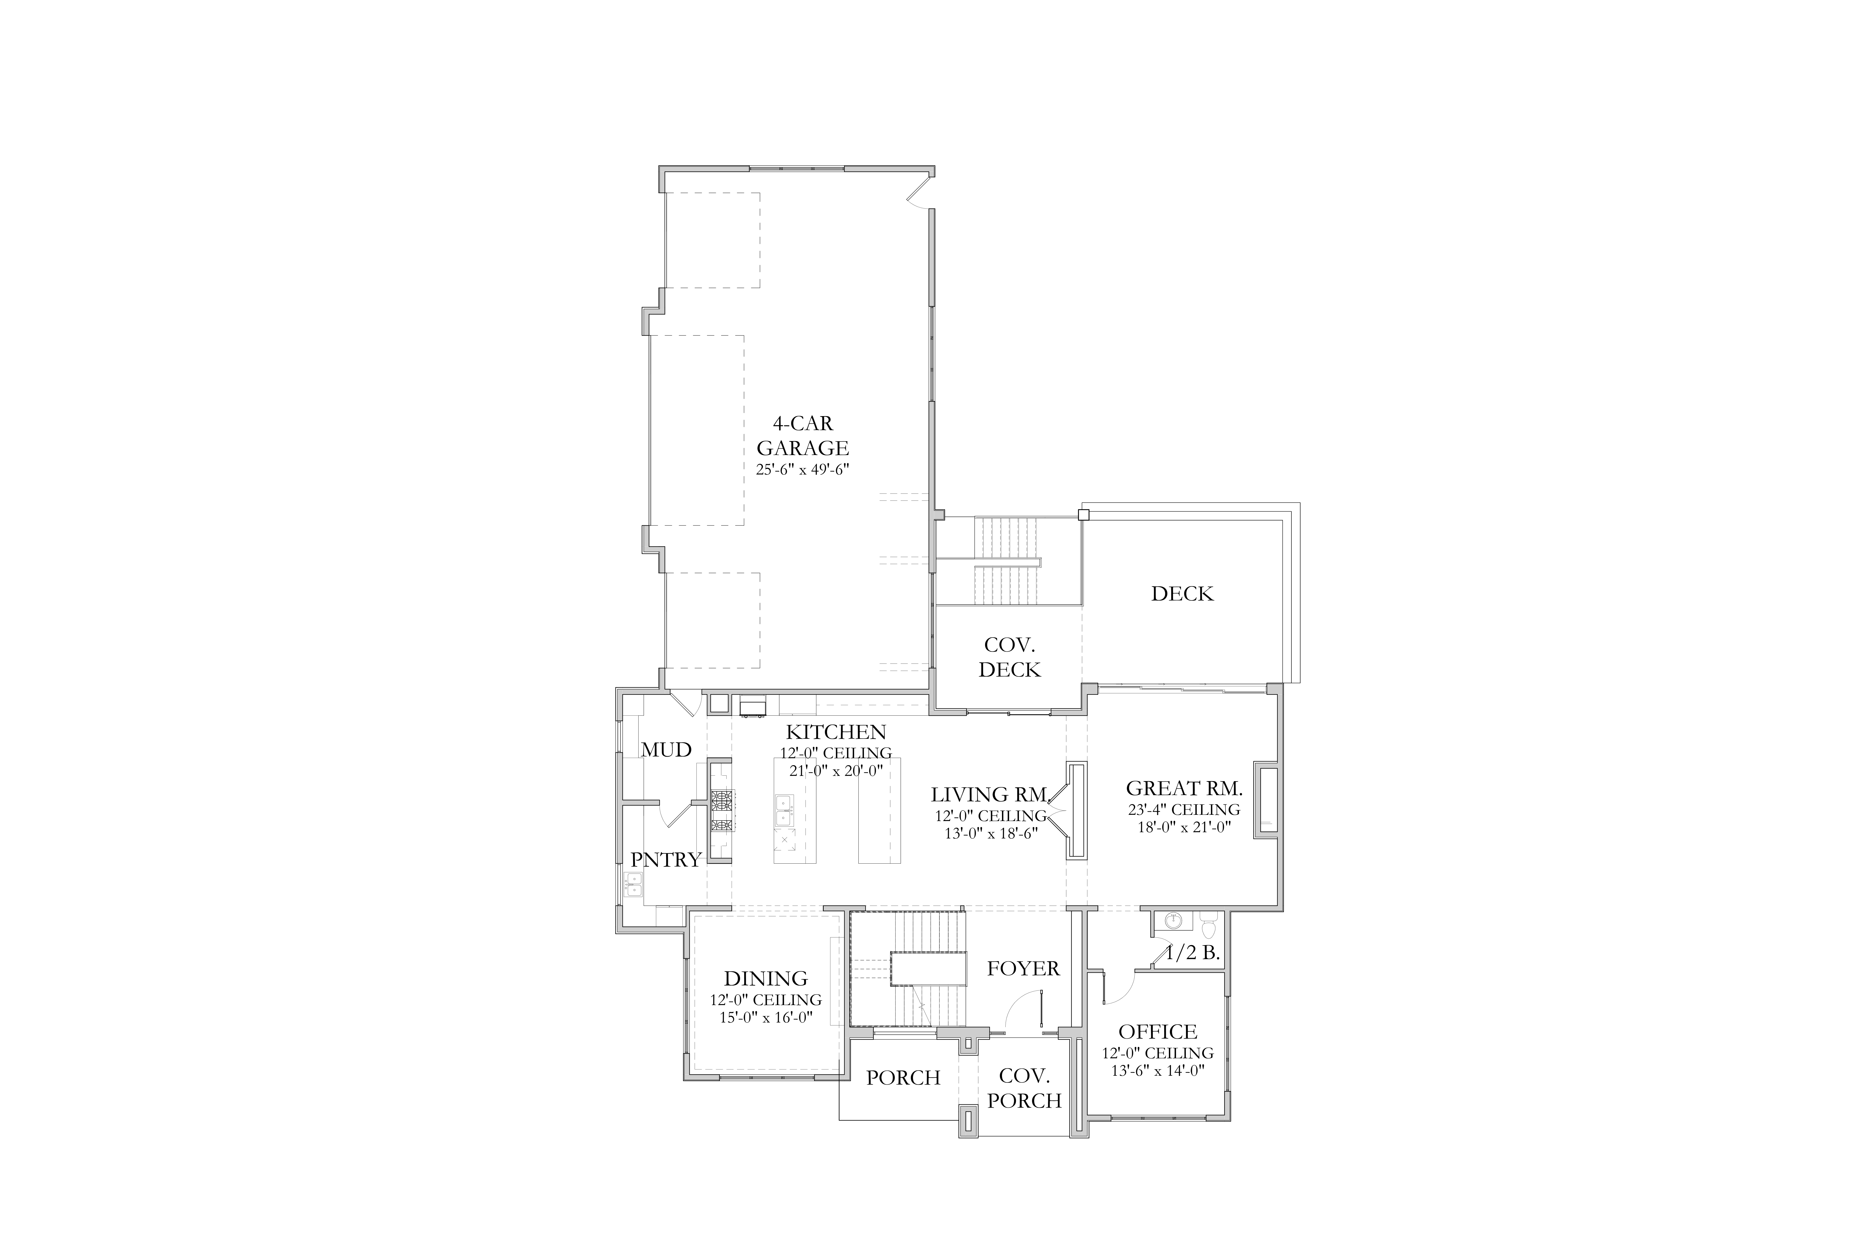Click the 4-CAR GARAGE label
point(803,436)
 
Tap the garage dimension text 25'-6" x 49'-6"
point(803,470)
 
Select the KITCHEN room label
point(836,732)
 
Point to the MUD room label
point(666,749)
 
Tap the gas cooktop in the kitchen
point(722,810)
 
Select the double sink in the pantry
point(633,884)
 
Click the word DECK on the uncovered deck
point(1182,594)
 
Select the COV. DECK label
point(1009,657)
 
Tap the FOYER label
point(1024,969)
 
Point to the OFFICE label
point(1158,1031)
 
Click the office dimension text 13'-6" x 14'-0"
point(1158,1070)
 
